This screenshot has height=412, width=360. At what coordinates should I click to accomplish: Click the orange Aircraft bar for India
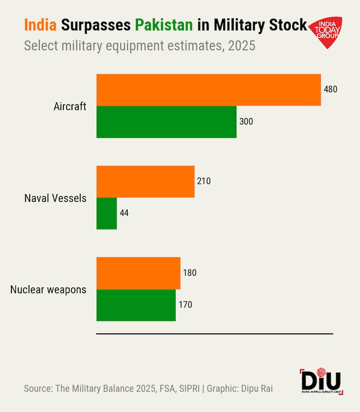coord(208,90)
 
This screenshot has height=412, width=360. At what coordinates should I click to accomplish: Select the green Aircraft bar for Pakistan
coord(166,122)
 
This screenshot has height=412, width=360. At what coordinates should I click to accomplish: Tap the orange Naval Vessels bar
coord(145,181)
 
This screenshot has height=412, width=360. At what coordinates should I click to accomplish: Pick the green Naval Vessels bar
coord(107,213)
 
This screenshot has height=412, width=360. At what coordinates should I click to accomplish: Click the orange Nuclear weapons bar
coord(138,273)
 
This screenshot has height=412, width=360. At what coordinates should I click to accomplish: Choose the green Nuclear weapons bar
coord(136,305)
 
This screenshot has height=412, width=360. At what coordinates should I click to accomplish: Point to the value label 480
coord(331,90)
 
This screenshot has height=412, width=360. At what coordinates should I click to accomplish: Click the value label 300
coord(246,122)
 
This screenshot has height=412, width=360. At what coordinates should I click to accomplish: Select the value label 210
coord(204,181)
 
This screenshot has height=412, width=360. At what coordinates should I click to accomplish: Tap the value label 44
coord(124,213)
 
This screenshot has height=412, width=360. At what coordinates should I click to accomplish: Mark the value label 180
coord(190,273)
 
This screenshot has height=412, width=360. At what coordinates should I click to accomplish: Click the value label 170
coord(185,305)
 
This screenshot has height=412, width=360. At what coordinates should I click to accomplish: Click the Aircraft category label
coord(70,106)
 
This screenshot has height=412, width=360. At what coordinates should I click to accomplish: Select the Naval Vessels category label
coord(55,198)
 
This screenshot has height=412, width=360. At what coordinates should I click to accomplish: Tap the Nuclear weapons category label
coord(48,289)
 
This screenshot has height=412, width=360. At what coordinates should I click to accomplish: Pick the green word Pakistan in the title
coord(164,25)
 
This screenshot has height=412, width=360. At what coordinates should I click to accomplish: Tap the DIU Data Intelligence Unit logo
coord(321,382)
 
